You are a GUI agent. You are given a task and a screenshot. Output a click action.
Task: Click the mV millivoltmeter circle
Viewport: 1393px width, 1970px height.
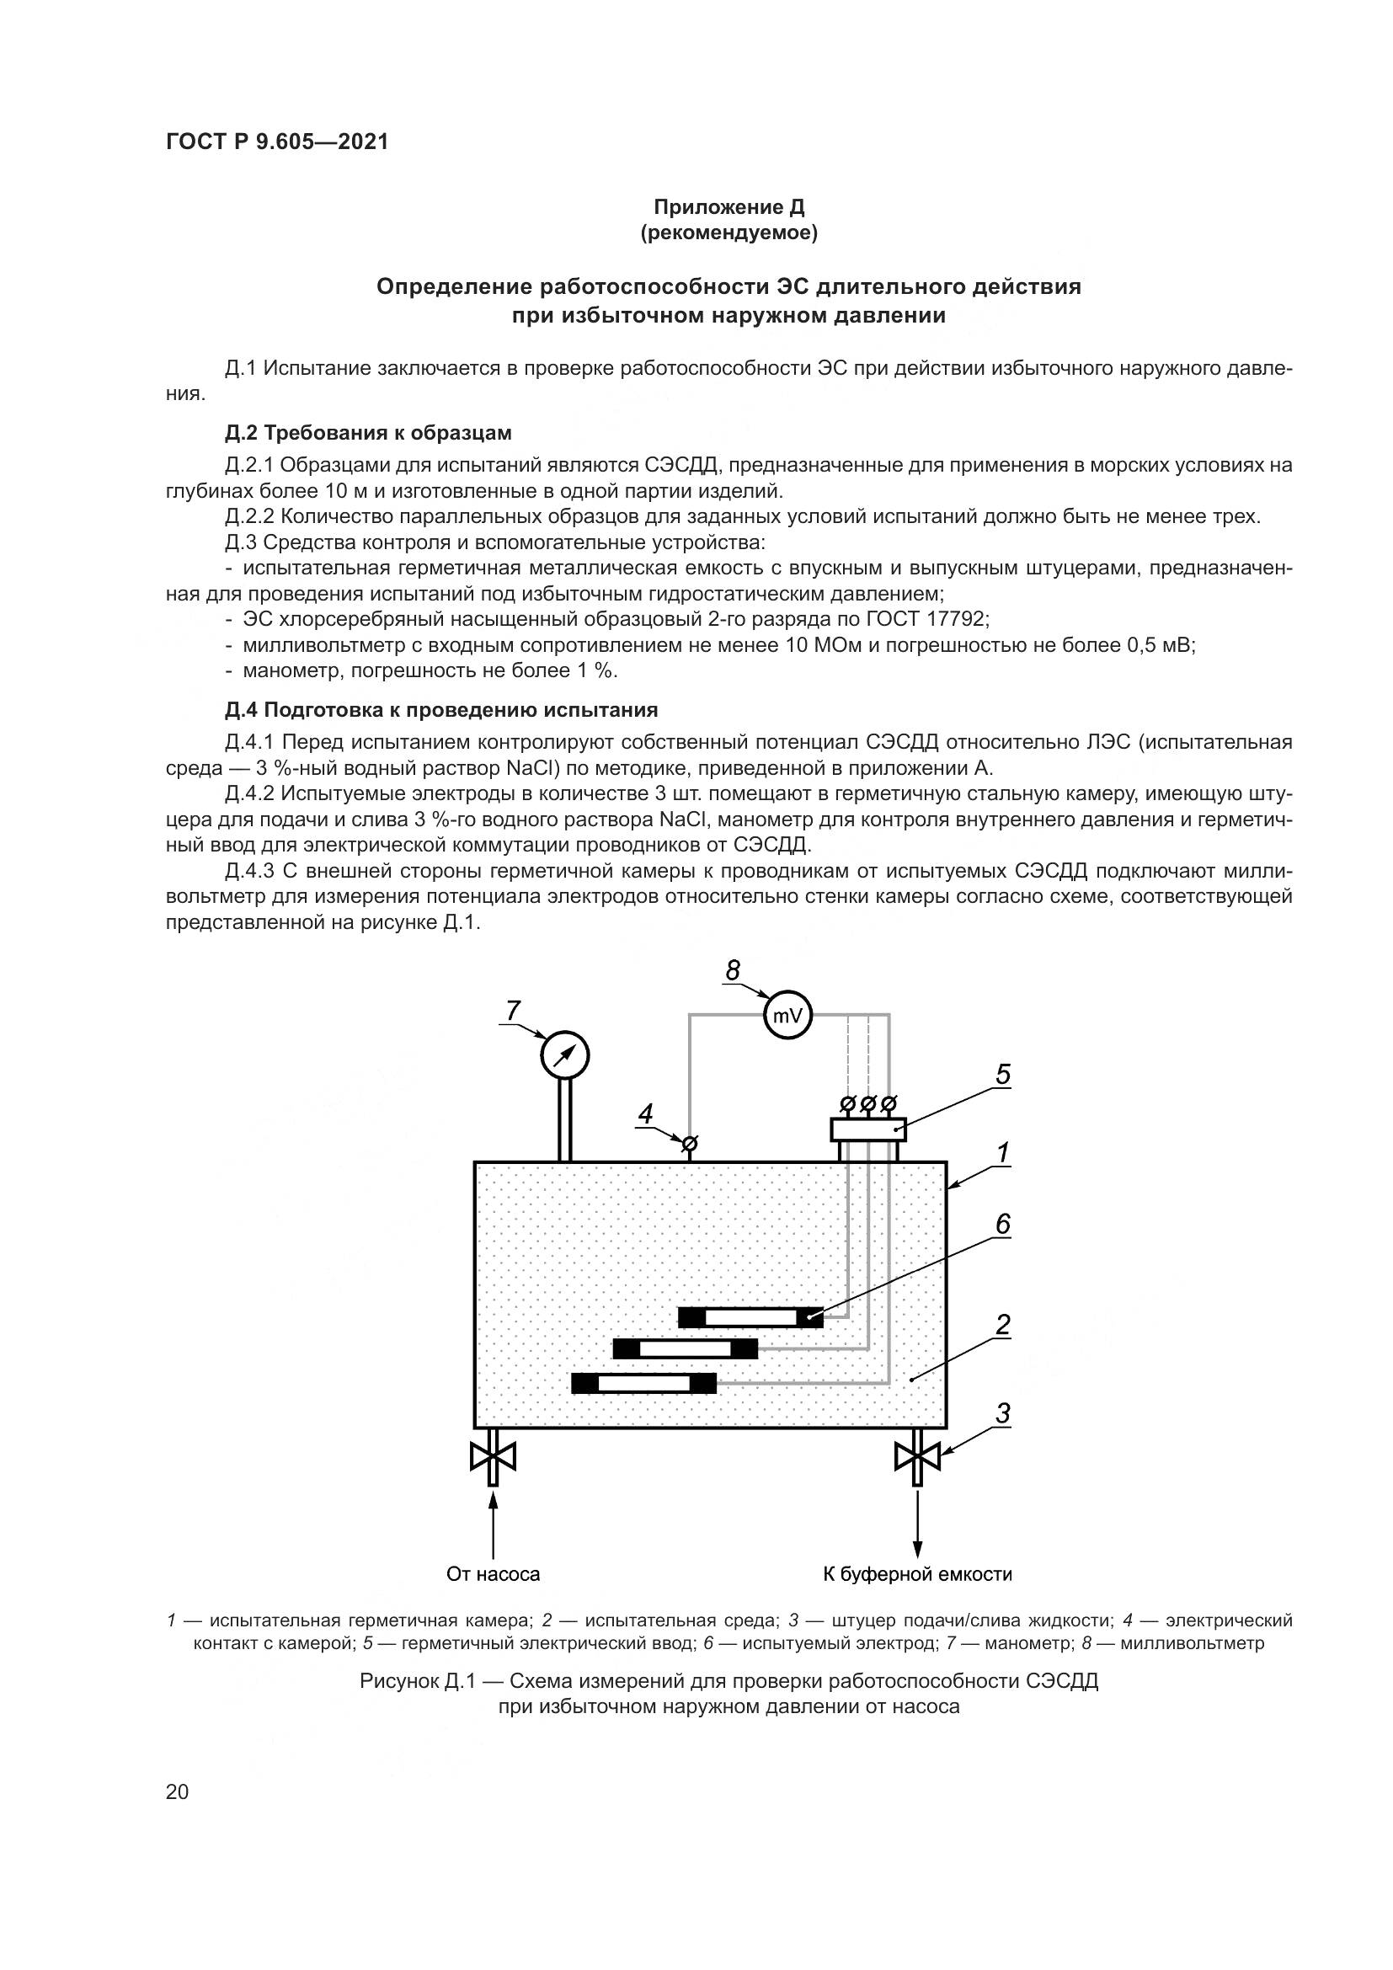click(x=787, y=1016)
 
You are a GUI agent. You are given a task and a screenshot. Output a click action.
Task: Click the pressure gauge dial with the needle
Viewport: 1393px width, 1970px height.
click(x=565, y=1054)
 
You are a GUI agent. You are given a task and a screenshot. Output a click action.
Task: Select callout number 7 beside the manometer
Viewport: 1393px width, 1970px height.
click(x=513, y=1012)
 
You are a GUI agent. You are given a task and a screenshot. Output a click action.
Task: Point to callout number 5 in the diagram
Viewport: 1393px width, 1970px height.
click(x=1002, y=1074)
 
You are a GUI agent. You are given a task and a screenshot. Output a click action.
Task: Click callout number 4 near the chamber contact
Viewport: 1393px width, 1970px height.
click(x=645, y=1114)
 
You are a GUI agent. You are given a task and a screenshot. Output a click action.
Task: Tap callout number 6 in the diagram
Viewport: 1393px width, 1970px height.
click(x=1002, y=1225)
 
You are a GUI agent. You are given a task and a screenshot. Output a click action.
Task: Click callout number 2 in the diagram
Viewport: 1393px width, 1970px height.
click(x=1002, y=1325)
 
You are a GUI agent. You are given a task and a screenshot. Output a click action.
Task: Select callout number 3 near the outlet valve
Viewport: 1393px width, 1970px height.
click(x=1002, y=1412)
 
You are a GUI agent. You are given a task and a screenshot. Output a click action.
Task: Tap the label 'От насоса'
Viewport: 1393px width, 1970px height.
click(x=494, y=1574)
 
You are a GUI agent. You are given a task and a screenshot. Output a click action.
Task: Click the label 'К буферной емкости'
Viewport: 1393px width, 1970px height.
click(x=917, y=1574)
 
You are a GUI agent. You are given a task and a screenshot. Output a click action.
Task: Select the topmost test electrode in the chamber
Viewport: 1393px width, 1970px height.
click(x=750, y=1317)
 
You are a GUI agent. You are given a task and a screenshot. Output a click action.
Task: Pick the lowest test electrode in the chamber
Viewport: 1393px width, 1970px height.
click(x=643, y=1383)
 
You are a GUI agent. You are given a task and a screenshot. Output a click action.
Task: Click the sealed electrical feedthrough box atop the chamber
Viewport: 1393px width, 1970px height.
click(x=868, y=1129)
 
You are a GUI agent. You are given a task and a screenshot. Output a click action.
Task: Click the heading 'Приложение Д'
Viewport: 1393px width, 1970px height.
click(x=729, y=207)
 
